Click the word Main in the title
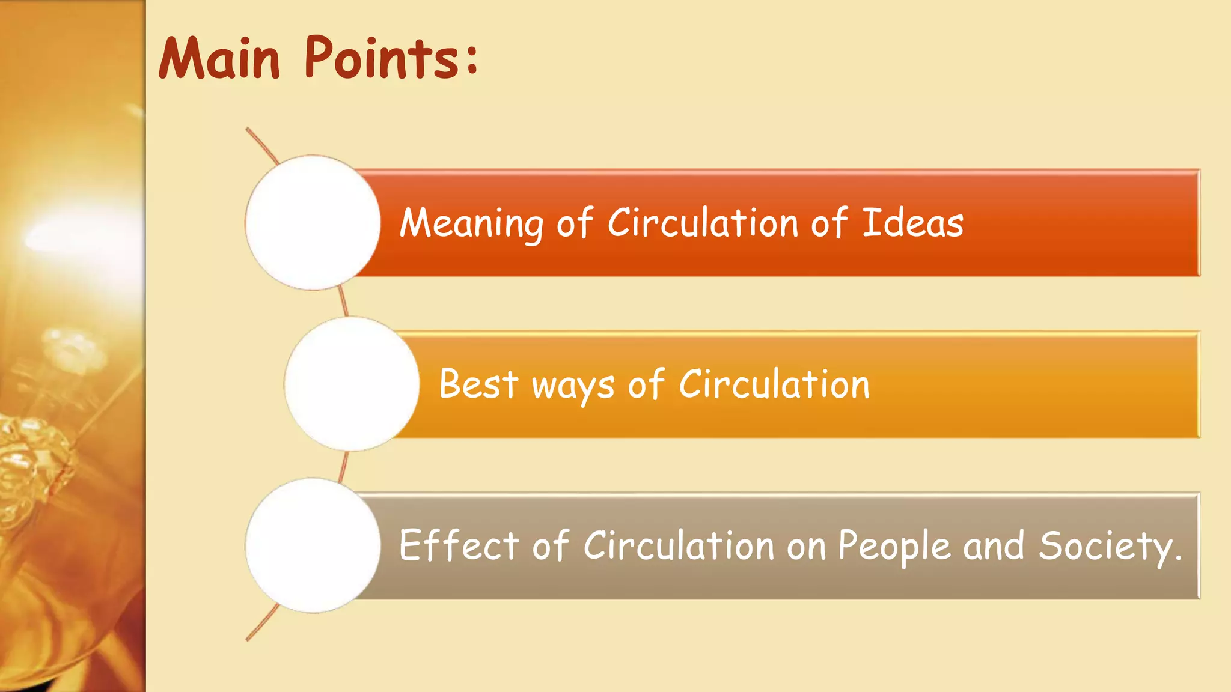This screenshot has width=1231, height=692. tap(219, 58)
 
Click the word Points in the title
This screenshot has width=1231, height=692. tap(382, 58)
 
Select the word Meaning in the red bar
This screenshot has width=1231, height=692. tap(471, 223)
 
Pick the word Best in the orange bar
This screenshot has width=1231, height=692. tap(478, 384)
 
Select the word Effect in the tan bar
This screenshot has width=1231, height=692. tap(459, 545)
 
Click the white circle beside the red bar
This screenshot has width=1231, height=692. tap(313, 222)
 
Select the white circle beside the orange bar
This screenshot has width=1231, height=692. tap(352, 384)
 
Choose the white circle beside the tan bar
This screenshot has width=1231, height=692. tap(313, 545)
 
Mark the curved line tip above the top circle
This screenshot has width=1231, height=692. tap(248, 130)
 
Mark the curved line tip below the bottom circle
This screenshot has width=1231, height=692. tap(248, 639)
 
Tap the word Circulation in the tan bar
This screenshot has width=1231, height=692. tap(679, 545)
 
